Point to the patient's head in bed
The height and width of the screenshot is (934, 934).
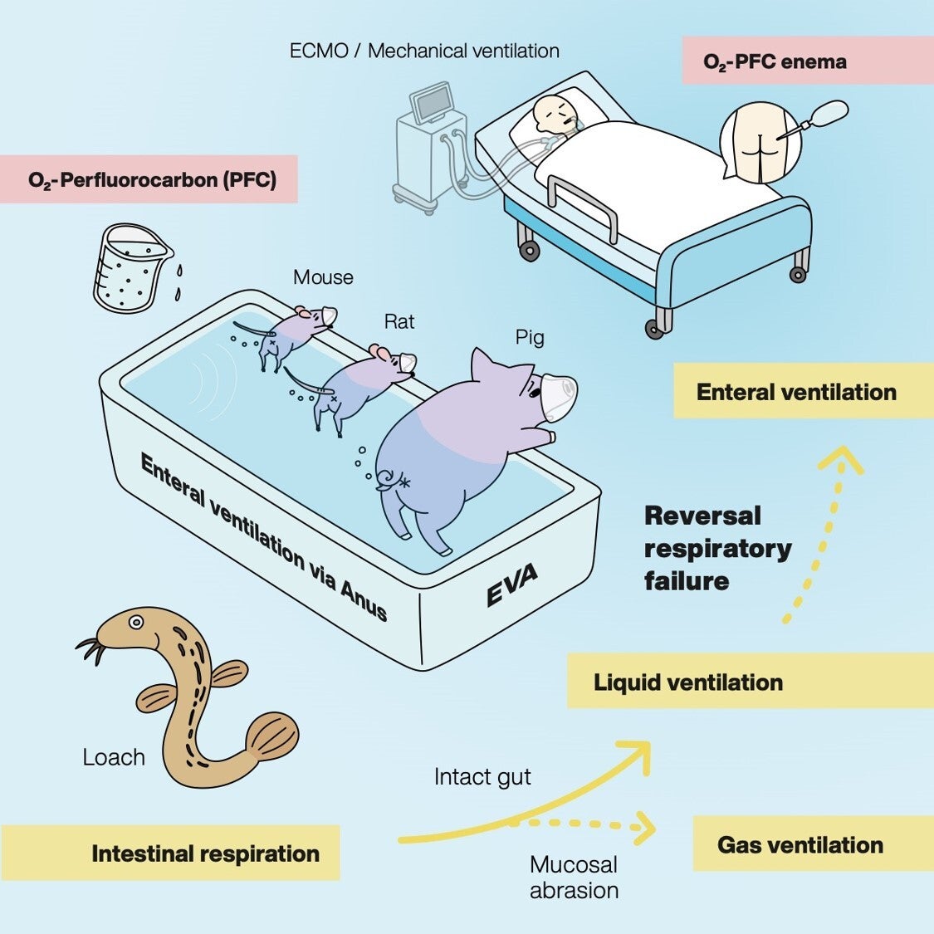pos(550,116)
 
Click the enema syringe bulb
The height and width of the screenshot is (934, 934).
pos(831,110)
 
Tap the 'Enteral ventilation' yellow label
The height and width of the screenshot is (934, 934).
pos(796,392)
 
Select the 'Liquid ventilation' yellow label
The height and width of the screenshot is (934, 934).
pos(688,682)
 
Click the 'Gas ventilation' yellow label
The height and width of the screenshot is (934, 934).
pos(800,845)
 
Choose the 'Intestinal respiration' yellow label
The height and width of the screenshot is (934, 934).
pos(205,853)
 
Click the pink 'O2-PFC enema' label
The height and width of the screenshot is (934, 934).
pos(775,61)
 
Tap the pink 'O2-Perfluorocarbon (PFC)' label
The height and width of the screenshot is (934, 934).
pos(152,179)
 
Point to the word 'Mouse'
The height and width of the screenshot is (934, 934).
pos(323,277)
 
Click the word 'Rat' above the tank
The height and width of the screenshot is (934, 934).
pos(399,321)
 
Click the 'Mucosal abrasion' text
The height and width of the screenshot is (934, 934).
pos(574,877)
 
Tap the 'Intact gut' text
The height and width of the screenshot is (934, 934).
pos(482,777)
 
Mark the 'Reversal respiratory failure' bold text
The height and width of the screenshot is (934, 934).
pos(717,548)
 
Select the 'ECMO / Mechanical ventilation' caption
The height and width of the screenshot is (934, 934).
pos(423,51)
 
